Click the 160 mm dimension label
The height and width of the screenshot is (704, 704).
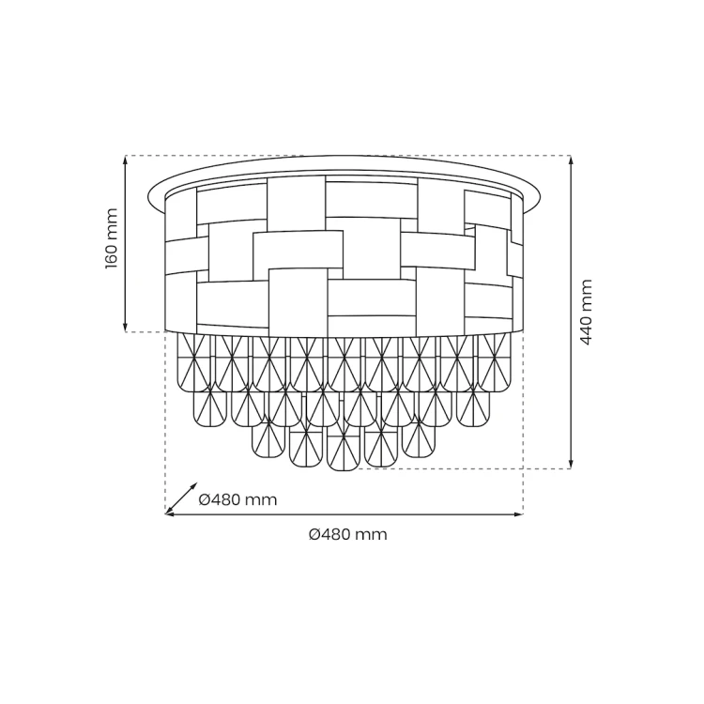click(112, 238)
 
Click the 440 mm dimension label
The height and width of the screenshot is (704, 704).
click(586, 312)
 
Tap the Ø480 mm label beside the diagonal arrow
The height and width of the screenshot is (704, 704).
click(237, 499)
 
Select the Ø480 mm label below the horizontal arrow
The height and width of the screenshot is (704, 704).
click(348, 534)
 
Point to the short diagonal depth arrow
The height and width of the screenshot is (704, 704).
click(181, 498)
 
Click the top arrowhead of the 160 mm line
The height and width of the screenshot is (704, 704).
click(126, 160)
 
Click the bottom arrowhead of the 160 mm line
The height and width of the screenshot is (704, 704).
click(126, 328)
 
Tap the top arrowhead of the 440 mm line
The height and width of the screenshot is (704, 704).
click(571, 160)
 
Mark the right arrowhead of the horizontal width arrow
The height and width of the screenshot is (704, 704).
click(518, 514)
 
